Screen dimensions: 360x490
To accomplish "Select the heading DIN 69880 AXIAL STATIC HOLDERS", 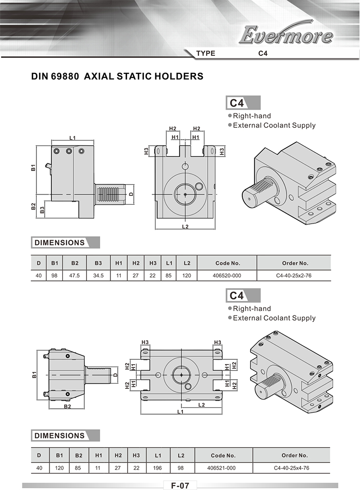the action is coord(117,76).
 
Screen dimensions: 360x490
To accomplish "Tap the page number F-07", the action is coord(180,485).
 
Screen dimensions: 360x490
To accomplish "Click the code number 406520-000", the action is coord(227,276).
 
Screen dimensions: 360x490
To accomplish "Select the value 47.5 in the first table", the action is coord(74,276).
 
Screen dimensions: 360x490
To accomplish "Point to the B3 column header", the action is coord(98,263).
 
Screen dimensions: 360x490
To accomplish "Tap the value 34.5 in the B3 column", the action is coord(98,276).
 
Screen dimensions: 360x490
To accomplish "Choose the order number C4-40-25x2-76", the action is coord(294,276).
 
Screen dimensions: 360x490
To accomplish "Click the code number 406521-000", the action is coord(221,468).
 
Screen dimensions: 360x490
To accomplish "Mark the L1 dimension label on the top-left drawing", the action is coord(72,138).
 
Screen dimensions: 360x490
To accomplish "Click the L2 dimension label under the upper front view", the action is coord(185,227).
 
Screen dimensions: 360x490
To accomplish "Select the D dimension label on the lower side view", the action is coord(115,374).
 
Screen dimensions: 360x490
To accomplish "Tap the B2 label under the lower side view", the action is coord(68,406).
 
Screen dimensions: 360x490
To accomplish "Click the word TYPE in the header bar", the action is coord(206,53).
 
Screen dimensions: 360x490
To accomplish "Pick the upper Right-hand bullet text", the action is coord(252,116).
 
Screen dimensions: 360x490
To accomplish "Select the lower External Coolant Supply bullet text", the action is coord(274,318).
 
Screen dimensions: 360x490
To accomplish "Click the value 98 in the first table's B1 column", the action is coord(54,276).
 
